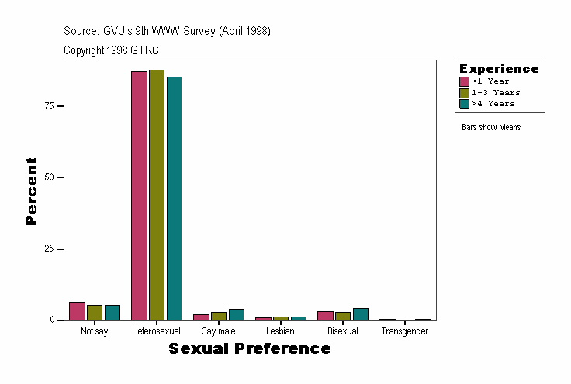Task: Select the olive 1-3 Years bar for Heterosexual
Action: coord(157,194)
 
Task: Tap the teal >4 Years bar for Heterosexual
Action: coord(175,197)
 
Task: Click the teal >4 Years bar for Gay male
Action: coord(237,314)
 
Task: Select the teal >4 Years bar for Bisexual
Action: coord(361,314)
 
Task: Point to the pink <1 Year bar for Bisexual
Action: coord(325,315)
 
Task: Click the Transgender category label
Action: coord(404,331)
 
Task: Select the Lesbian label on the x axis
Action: coord(280,331)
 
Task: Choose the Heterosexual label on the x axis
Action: coord(156,331)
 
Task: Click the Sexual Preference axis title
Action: coord(249,349)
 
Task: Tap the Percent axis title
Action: coord(31,191)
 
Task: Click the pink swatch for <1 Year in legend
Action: coord(464,81)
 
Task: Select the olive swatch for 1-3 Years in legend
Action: coord(464,92)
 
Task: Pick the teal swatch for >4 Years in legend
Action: coord(464,104)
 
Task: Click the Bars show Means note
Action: coord(490,128)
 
